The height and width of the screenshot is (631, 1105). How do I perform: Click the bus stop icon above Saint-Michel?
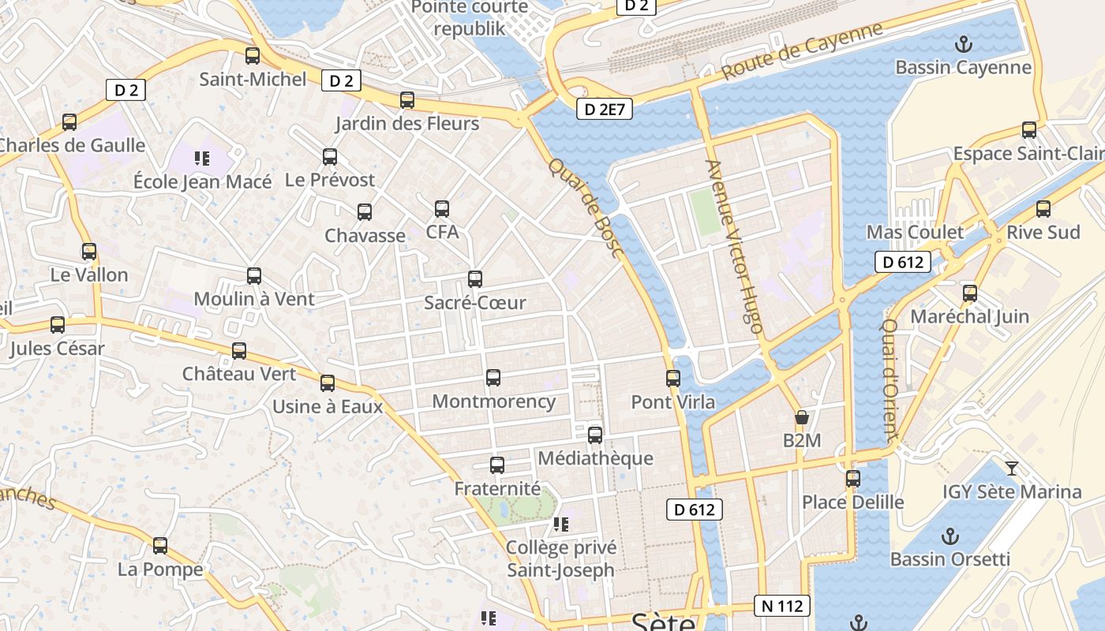click(253, 56)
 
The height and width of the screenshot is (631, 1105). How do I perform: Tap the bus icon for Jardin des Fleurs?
click(407, 100)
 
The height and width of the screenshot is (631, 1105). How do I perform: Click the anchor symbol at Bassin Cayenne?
click(963, 44)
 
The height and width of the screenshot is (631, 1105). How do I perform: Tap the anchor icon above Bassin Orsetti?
click(950, 536)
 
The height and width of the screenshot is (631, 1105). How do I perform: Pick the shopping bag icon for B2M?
click(802, 417)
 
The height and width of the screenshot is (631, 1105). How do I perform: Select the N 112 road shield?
click(782, 606)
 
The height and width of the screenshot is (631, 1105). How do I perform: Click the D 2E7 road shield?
click(605, 109)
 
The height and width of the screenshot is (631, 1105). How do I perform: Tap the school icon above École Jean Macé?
click(202, 159)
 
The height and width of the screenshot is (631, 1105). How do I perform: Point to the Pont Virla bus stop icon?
click(673, 379)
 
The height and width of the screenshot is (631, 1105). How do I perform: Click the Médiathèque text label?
click(595, 458)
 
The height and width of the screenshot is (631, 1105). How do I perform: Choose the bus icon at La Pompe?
click(160, 546)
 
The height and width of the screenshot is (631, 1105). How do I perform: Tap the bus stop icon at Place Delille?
click(853, 479)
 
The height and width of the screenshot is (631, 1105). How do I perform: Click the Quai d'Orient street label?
click(890, 379)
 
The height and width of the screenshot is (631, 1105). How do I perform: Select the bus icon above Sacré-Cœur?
click(475, 279)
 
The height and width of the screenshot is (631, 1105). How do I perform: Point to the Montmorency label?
click(494, 401)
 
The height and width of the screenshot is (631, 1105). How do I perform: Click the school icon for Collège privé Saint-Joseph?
click(561, 525)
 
